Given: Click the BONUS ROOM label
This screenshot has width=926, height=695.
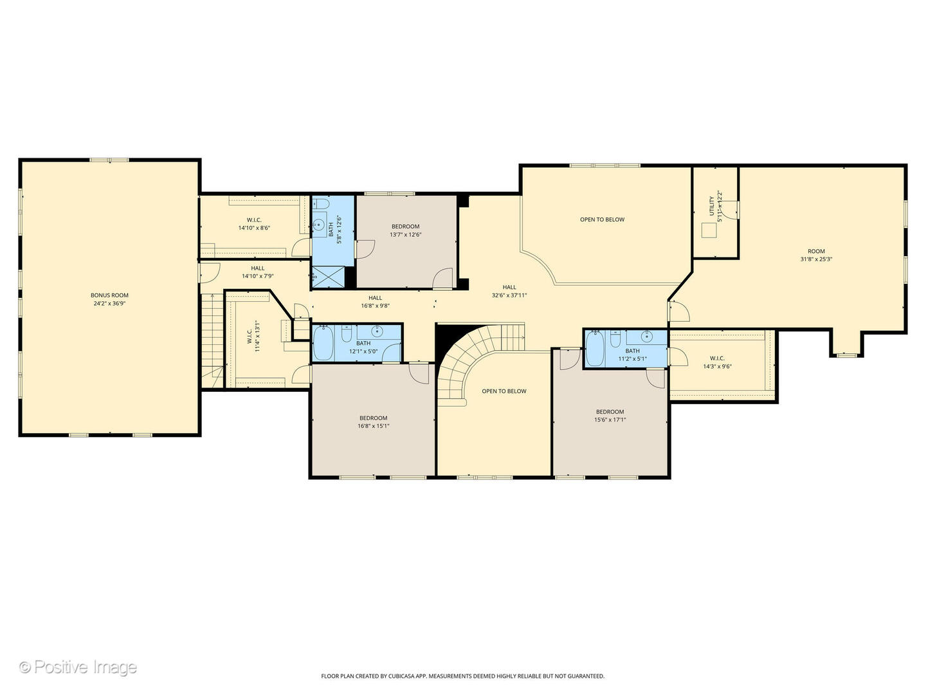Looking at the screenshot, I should click(109, 295).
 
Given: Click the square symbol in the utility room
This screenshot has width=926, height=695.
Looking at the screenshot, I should click(709, 230).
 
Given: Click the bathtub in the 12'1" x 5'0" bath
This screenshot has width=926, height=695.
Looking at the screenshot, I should click(323, 344).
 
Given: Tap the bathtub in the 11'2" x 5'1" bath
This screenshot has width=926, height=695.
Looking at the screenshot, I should click(595, 348).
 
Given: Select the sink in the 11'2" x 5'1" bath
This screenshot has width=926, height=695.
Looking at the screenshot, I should click(647, 336).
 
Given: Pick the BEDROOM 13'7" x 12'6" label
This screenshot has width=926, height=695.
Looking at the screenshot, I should click(405, 227).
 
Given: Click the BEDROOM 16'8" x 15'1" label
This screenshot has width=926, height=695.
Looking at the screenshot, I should click(373, 418).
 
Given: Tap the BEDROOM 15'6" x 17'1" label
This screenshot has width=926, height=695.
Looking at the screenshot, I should click(610, 412).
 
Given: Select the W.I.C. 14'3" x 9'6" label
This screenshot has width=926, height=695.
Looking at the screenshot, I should click(717, 358).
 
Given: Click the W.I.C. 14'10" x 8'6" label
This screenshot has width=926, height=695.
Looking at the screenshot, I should click(253, 220).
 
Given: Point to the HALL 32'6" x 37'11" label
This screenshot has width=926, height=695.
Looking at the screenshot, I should click(509, 288).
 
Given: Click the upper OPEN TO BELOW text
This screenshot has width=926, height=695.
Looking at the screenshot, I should click(602, 219).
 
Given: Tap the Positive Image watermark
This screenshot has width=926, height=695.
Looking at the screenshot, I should click(78, 667).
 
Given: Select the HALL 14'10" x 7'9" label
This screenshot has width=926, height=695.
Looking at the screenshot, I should click(257, 268).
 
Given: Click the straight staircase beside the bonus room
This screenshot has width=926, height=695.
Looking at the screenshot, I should click(212, 338).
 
